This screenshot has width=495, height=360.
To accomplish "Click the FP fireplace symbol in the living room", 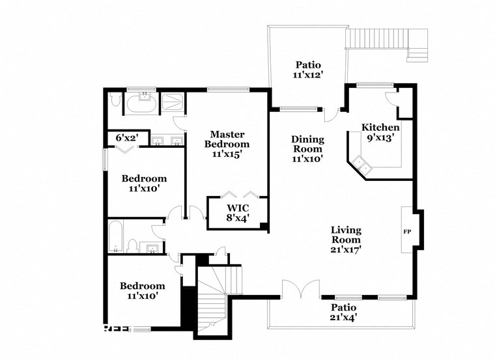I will pos(407,231).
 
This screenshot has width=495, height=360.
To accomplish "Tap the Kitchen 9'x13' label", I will pos(379,132).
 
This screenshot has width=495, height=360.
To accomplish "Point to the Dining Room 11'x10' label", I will pos(307,148).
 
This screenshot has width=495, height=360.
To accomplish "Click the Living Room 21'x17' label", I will pos(346,239).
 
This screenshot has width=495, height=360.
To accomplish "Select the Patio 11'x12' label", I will pos(309,70).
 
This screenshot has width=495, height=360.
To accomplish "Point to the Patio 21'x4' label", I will pos(343,312).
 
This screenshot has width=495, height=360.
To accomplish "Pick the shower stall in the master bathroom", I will pos(173,104).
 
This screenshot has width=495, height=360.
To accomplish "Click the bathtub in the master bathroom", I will pos(141,104).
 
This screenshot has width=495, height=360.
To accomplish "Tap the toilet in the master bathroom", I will pos(115,101).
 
